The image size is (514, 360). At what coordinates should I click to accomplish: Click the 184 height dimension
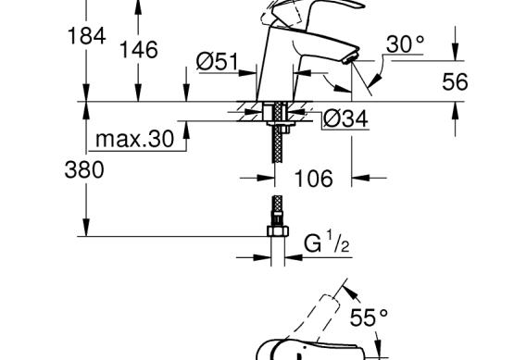point(86,36)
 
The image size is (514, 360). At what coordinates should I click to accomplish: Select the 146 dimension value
point(139,50)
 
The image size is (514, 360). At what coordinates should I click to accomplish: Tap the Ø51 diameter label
point(217,62)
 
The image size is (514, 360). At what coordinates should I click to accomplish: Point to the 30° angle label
point(405,43)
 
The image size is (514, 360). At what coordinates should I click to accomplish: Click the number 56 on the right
point(455,81)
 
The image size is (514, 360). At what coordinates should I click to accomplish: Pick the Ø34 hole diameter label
point(345,118)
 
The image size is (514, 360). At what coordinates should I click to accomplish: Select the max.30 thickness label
point(134,139)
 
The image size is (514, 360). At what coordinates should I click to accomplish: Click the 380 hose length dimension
point(84,170)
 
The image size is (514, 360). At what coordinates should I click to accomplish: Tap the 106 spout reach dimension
point(313,179)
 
